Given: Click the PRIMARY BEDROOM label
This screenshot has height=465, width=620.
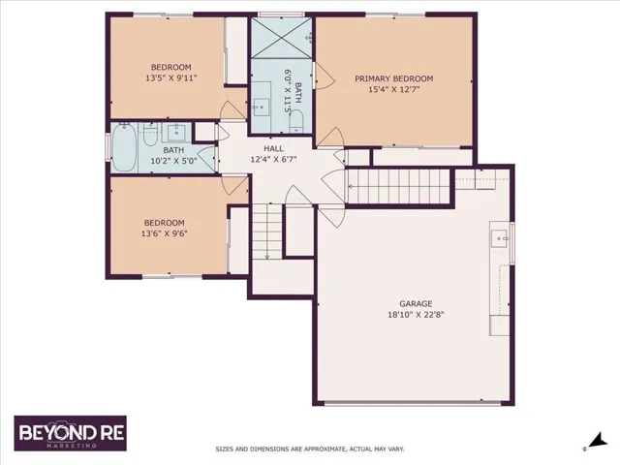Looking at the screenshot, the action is [x=393, y=78].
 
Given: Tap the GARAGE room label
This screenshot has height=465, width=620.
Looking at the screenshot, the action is [x=416, y=303].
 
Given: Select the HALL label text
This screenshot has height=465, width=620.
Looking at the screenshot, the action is [x=273, y=148].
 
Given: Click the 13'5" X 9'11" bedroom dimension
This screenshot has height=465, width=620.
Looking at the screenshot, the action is [x=171, y=77].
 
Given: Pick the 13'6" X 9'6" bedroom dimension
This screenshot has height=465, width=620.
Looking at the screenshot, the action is [x=164, y=233].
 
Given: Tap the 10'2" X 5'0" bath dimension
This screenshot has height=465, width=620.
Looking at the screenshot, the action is [x=173, y=161].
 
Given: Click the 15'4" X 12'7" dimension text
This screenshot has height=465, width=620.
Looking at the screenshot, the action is [x=394, y=89].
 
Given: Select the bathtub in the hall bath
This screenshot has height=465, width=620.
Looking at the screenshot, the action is [x=124, y=147].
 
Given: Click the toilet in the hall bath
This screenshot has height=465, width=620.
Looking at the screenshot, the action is [x=150, y=135].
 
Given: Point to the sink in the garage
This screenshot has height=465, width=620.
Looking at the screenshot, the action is [x=500, y=238].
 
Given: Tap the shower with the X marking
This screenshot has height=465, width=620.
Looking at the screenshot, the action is [x=280, y=38].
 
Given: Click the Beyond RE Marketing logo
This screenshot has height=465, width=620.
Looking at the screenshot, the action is [x=71, y=433].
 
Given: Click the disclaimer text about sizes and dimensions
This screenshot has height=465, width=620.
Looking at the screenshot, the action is [x=310, y=449].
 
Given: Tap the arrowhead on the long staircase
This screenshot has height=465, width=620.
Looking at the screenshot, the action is [x=350, y=186].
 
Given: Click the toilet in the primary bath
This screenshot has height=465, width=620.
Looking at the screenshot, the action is [x=295, y=121].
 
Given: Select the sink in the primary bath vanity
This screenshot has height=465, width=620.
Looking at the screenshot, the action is [x=261, y=107].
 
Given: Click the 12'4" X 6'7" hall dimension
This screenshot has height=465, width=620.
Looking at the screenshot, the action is [x=273, y=159].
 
